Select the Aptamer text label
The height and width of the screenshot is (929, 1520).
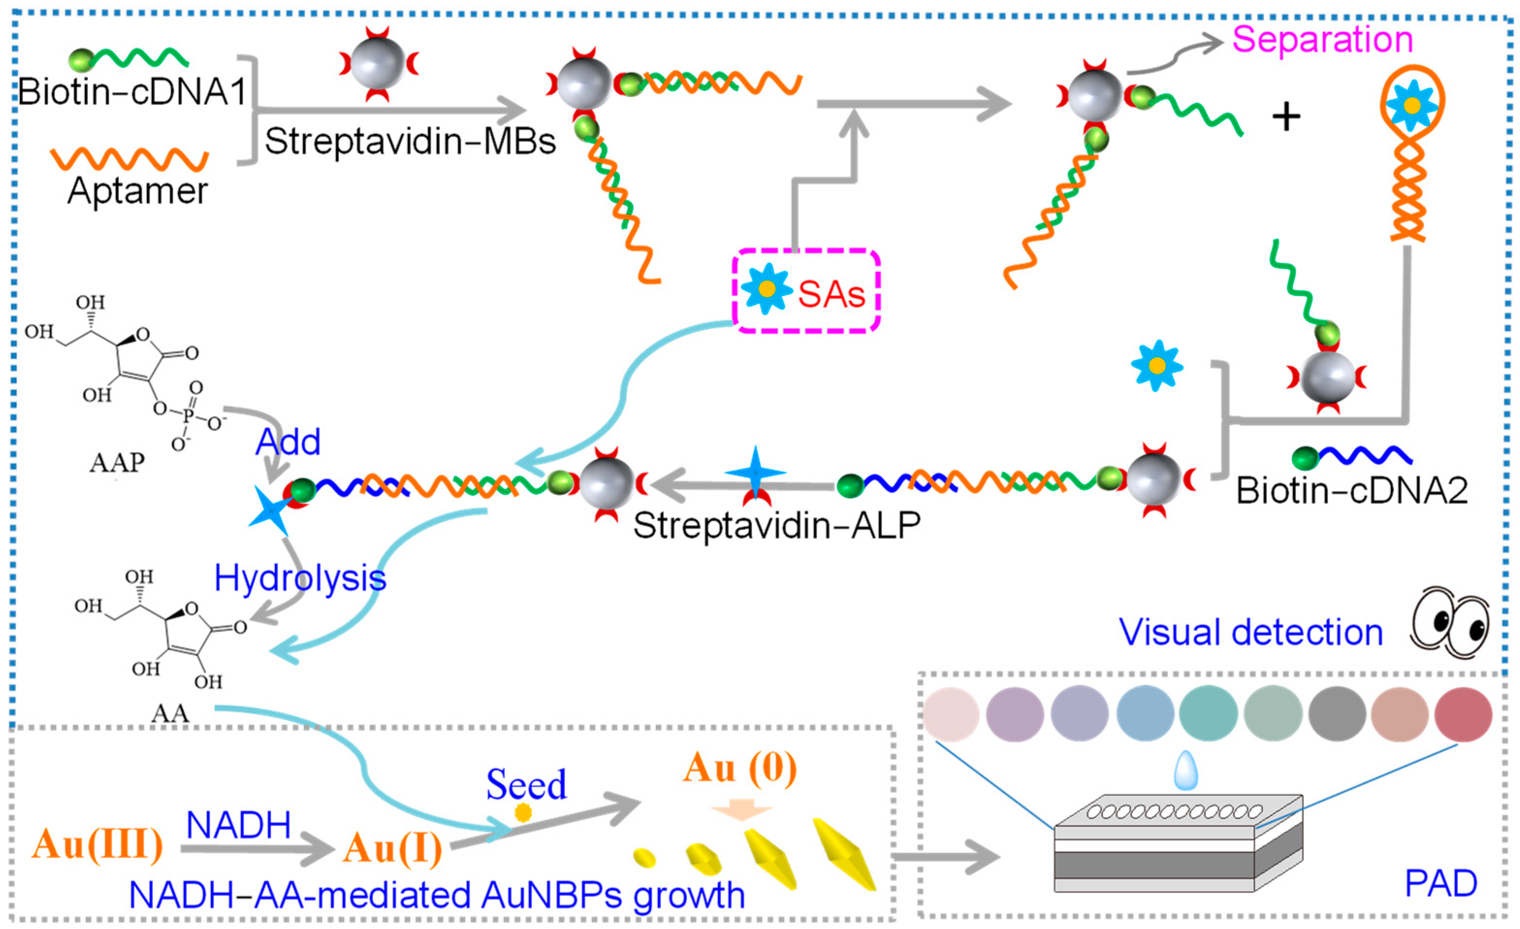click(x=138, y=190)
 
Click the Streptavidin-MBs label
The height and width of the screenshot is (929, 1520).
click(x=410, y=141)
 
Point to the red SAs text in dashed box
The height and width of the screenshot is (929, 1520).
click(x=831, y=294)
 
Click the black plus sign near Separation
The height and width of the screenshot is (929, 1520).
click(x=1286, y=117)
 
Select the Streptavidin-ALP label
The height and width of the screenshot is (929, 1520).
click(x=776, y=526)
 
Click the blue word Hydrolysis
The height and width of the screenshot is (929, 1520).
click(x=300, y=579)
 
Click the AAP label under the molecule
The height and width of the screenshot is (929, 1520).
click(x=117, y=462)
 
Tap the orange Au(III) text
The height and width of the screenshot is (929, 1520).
click(x=97, y=844)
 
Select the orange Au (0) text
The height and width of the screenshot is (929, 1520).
click(x=740, y=769)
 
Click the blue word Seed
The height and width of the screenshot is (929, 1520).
click(x=526, y=785)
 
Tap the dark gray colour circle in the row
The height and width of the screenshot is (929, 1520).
click(x=1337, y=714)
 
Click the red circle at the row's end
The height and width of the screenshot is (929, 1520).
click(x=1463, y=714)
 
